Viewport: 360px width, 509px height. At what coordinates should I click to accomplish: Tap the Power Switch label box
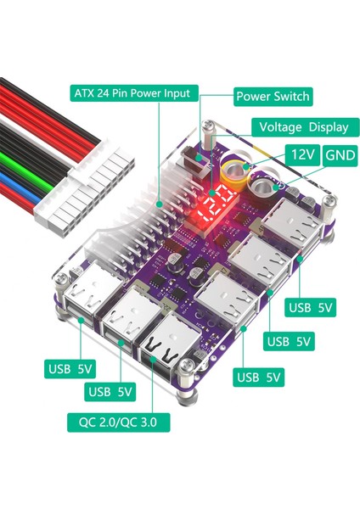273,97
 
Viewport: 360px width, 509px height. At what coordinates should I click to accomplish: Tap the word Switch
290,97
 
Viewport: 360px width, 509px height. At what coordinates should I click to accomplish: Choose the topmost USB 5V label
313,309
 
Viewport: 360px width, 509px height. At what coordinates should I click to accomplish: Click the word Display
328,127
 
